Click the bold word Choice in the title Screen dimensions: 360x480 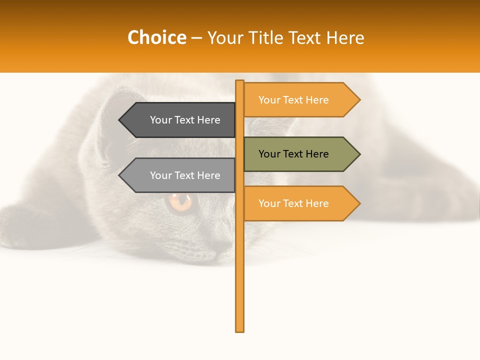pos(156,37)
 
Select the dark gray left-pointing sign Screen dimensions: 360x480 pos(185,120)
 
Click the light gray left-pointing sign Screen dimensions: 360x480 pos(185,175)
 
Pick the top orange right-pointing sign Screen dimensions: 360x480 pos(294,100)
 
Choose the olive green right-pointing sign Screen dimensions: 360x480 pos(294,154)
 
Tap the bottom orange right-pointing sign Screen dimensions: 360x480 pos(294,203)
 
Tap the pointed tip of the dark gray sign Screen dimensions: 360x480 pos(120,120)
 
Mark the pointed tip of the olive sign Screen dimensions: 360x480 pos(359,154)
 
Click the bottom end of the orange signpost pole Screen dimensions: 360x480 pos(240,330)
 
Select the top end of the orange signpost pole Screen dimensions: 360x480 pos(240,82)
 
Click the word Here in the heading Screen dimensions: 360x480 pos(345,37)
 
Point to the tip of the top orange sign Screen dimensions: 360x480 pos(359,100)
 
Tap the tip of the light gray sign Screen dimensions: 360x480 pos(120,175)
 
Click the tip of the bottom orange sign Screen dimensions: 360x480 pos(359,203)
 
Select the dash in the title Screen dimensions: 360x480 pos(196,38)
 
